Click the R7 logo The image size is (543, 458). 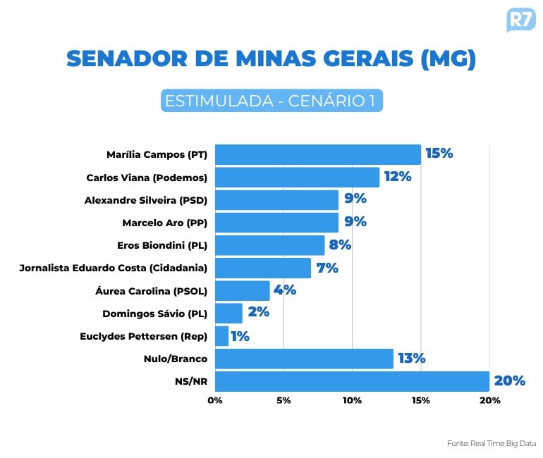tap(520, 20)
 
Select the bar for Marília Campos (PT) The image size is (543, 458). tap(317, 154)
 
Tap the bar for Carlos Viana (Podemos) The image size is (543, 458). tap(297, 178)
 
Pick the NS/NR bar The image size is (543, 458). tap(352, 381)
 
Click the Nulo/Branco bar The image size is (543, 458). tap(304, 359)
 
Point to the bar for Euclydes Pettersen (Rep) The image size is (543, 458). tap(221, 336)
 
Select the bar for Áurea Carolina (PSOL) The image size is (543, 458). tap(242, 290)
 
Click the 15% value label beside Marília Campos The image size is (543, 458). tap(439, 154)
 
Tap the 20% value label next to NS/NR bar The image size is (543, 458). tap(509, 381)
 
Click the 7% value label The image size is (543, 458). tap(327, 268)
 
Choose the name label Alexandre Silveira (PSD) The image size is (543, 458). tap(146, 200)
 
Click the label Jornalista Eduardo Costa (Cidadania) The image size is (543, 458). tap(115, 268)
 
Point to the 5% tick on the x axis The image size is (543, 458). tap(283, 400)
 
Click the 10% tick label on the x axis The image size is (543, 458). tap(352, 400)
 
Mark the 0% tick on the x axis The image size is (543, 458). tap(215, 400)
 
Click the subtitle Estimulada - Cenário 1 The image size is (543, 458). tap(271, 101)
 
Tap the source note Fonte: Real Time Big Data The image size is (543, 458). tap(492, 443)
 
